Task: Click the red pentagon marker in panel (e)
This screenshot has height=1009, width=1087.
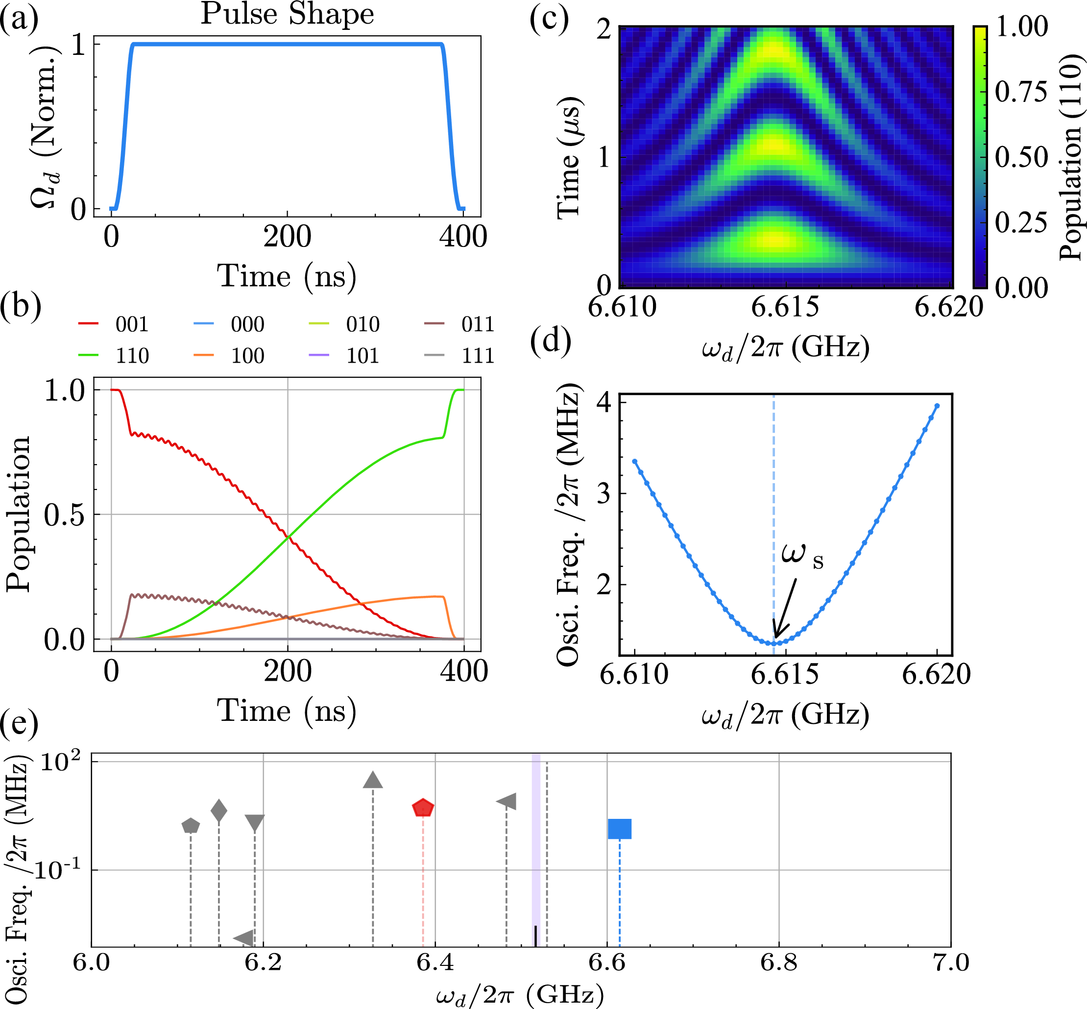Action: (x=423, y=808)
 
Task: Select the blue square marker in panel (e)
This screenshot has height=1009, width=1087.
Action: (x=619, y=829)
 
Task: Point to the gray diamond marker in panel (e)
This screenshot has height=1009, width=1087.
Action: (x=219, y=811)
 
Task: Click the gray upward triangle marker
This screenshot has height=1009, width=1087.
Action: (x=373, y=780)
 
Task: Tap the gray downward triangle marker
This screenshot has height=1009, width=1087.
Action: (x=255, y=823)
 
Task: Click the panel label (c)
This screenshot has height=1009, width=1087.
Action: (x=549, y=20)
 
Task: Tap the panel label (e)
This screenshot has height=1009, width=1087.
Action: (x=20, y=723)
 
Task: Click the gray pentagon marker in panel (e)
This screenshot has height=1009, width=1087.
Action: (x=191, y=826)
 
